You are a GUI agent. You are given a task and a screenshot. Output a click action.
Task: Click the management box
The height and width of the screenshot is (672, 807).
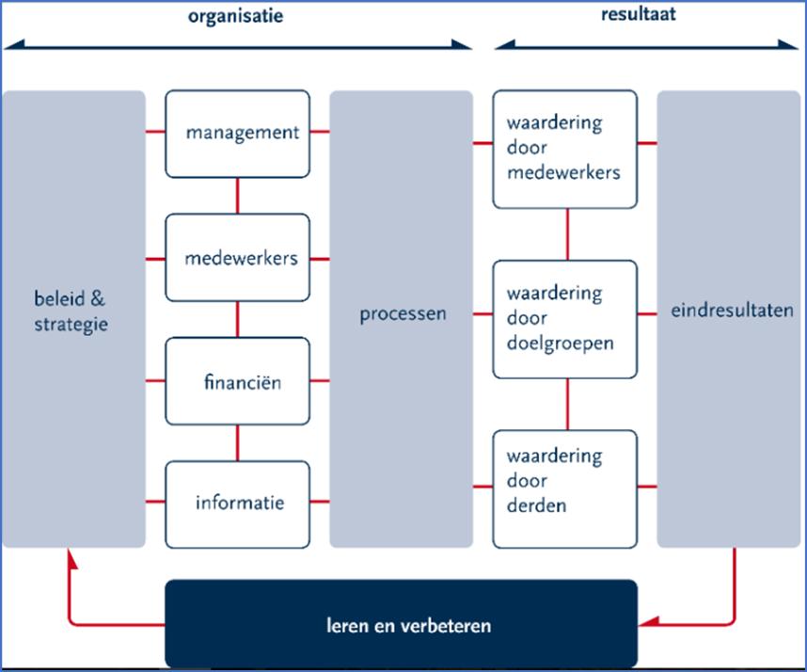[x=237, y=133]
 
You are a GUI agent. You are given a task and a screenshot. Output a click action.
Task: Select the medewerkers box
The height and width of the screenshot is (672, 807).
[x=237, y=258]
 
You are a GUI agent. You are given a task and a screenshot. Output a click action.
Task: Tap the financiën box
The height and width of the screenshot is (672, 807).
[x=237, y=382]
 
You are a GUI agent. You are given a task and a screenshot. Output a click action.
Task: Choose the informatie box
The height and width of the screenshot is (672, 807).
[x=237, y=504]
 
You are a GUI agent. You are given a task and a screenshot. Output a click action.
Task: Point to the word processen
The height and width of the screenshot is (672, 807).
[x=403, y=313]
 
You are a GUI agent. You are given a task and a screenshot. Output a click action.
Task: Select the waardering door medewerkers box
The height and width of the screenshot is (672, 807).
[x=564, y=149]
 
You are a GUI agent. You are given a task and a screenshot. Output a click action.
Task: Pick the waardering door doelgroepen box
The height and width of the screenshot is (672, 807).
[x=564, y=318]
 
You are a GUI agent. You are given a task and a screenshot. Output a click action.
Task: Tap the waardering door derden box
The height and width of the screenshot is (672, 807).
[x=564, y=481]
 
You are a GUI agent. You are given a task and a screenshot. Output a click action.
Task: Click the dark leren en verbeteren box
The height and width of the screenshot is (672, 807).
[x=402, y=625]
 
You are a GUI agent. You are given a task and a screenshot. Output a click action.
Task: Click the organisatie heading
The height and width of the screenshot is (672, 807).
[x=235, y=16]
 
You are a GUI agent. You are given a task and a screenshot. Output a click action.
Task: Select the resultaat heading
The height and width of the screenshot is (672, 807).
[x=639, y=15]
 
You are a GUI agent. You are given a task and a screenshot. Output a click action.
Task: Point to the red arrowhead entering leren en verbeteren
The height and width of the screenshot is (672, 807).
[x=647, y=622]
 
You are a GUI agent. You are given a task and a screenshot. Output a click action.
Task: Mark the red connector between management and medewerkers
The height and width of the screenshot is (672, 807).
[x=237, y=196]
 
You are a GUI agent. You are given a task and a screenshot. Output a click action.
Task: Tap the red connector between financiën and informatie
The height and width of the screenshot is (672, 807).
[x=237, y=442]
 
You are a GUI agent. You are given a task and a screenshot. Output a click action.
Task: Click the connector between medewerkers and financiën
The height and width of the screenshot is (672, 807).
[x=237, y=319]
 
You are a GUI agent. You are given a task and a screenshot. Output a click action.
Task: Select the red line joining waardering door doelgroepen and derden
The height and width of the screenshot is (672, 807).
[x=567, y=404]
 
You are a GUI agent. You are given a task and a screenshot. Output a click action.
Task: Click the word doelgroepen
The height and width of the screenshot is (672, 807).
[x=560, y=343]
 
